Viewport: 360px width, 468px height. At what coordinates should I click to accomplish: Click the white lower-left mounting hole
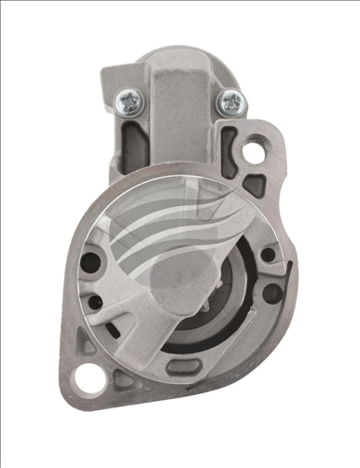[87, 380]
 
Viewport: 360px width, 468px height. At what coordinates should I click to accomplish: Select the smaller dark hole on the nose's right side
[268, 255]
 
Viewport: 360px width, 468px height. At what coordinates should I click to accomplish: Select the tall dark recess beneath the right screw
[228, 145]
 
